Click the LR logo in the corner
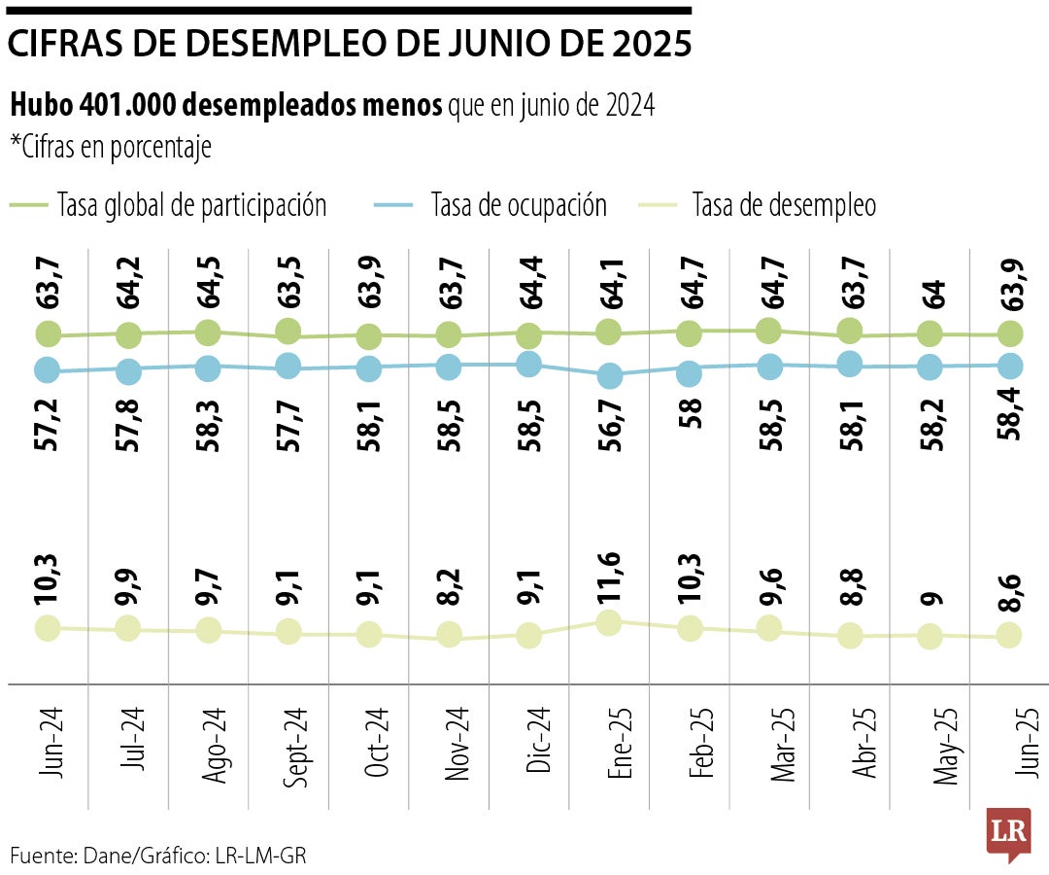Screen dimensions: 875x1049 tap(1007, 832)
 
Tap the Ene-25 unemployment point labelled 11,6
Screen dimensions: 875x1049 tap(609, 623)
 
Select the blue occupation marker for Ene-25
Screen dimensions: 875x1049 tap(609, 376)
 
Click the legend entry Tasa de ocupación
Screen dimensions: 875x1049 tap(518, 205)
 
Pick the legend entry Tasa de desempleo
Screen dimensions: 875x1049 tap(783, 205)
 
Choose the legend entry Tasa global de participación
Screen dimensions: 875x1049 tap(191, 205)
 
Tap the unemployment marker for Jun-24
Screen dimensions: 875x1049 tap(48, 628)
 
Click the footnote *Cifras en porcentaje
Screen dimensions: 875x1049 tap(111, 147)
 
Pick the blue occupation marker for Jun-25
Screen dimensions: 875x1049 tap(1010, 366)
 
